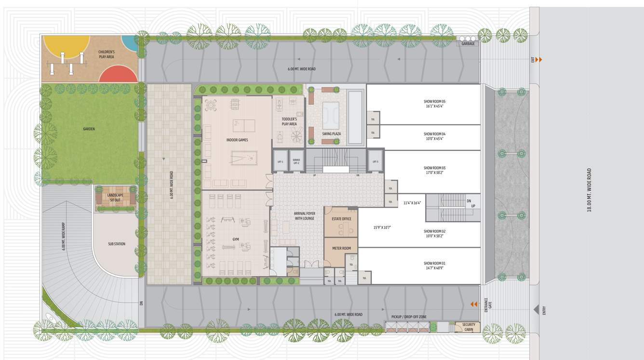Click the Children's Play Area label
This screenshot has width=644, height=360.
pyautogui.click(x=106, y=54)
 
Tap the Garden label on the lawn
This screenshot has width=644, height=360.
pyautogui.click(x=89, y=129)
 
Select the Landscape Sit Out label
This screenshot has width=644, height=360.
pyautogui.click(x=115, y=197)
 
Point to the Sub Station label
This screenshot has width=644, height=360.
pyautogui.click(x=117, y=244)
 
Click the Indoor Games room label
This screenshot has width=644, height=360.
pyautogui.click(x=237, y=140)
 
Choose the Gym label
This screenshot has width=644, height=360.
pyautogui.click(x=236, y=239)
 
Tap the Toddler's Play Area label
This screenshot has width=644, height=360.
pyautogui.click(x=289, y=121)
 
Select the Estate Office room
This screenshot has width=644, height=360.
pyautogui.click(x=341, y=219)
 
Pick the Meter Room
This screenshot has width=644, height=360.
pyautogui.click(x=341, y=249)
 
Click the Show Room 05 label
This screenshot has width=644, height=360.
pyautogui.click(x=434, y=104)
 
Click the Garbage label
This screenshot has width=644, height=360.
pyautogui.click(x=468, y=44)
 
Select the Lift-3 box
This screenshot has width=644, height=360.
pyautogui.click(x=376, y=162)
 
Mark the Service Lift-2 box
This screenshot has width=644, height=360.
pyautogui.click(x=296, y=162)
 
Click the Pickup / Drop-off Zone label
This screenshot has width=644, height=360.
pyautogui.click(x=409, y=317)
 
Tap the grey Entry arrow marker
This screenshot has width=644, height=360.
pyautogui.click(x=536, y=310)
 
